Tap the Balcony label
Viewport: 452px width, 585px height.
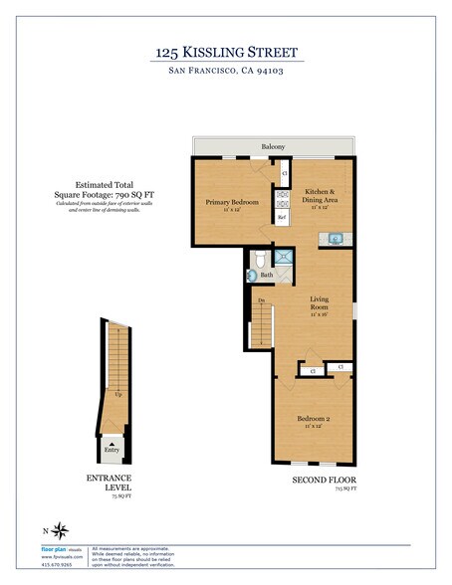coord(273,147)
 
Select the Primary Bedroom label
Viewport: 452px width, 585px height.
coord(232,203)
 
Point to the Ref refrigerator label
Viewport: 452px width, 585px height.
coord(282,217)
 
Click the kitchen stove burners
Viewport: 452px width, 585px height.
coord(282,196)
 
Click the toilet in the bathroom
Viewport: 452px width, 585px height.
coord(258,261)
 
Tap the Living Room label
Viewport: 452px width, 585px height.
coord(319,303)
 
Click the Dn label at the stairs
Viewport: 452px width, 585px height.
coord(261,300)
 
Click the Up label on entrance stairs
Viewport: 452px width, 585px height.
coord(117,394)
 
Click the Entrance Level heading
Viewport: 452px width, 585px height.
coord(110,485)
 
